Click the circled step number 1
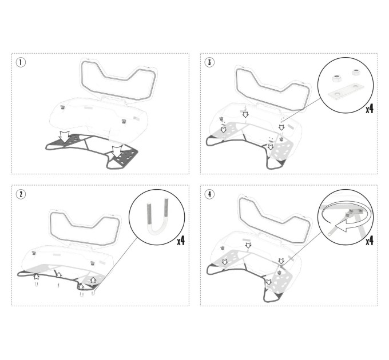(21, 62)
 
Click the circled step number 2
(21, 194)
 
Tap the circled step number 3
(209, 62)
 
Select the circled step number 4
(209, 194)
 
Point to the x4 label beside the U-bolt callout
(181, 241)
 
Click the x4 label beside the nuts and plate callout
(370, 108)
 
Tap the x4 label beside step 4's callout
(370, 241)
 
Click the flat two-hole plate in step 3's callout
(346, 91)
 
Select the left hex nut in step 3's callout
(337, 79)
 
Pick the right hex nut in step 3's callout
(356, 73)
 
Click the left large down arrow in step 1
(64, 137)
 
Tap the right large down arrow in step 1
(117, 151)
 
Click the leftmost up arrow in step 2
(37, 277)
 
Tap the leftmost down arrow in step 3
(224, 130)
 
